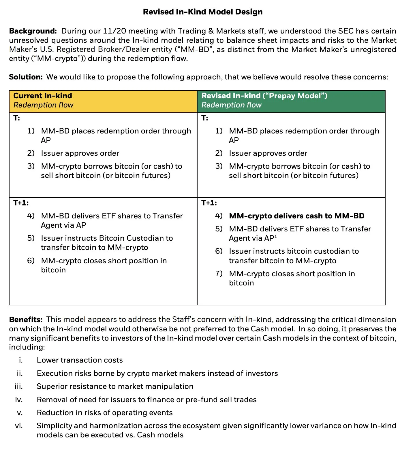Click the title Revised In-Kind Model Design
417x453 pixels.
click(203, 12)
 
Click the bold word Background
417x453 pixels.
click(33, 31)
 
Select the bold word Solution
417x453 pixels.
click(26, 77)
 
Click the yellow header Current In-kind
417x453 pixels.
click(43, 96)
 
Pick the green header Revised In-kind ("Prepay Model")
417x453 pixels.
click(264, 96)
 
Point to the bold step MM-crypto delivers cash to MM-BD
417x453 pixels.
click(296, 216)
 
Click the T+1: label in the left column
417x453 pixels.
click(21, 203)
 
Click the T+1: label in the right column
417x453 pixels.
click(209, 203)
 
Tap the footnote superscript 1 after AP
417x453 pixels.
click(276, 237)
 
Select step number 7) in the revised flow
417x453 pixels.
click(219, 274)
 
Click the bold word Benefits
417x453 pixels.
click(26, 320)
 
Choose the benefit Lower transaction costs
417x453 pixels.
click(80, 360)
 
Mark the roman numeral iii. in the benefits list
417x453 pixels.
click(19, 386)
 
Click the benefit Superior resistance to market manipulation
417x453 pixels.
click(115, 386)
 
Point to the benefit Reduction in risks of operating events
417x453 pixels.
click(105, 413)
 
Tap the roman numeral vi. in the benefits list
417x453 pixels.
click(19, 426)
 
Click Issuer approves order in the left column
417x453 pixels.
click(80, 153)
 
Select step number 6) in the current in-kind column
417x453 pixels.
click(31, 261)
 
